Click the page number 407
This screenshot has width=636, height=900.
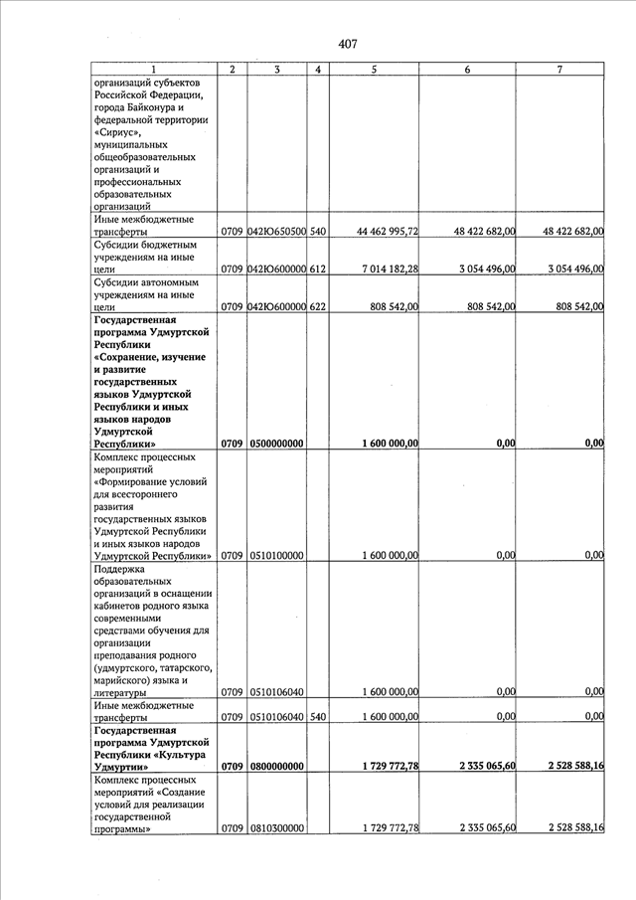click(347, 43)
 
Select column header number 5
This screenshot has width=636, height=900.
click(373, 69)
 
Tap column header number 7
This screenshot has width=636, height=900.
click(560, 69)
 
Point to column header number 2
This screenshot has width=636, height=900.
click(232, 69)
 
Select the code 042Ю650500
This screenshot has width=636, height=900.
click(276, 232)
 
